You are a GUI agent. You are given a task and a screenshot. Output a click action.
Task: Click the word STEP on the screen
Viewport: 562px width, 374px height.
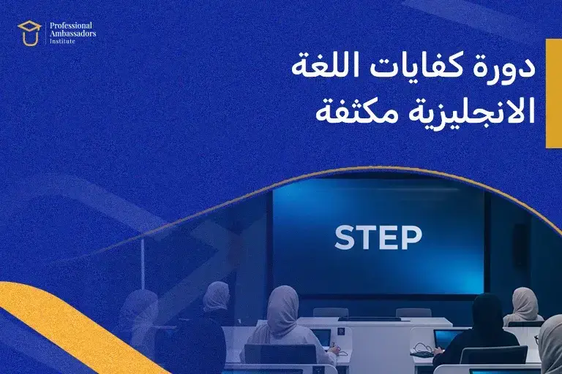coord(378,237)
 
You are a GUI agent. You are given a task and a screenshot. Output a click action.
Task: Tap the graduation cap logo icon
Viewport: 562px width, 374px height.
coord(29,33)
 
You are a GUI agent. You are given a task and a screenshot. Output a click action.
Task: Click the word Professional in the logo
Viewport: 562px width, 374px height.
coord(72,25)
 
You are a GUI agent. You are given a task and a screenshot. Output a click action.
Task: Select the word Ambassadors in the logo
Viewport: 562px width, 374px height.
coord(72,34)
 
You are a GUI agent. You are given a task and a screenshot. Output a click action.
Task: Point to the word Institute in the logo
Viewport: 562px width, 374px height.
coord(62,42)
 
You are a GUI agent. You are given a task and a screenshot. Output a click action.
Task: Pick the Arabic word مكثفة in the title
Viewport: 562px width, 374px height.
coord(351,113)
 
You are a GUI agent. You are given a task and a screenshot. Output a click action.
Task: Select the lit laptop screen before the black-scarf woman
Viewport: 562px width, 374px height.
coord(445,338)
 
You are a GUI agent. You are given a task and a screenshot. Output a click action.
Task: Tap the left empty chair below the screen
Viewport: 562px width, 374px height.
coord(331,312)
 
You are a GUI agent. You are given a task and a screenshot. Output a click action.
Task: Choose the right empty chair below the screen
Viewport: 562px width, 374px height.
coord(413,312)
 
